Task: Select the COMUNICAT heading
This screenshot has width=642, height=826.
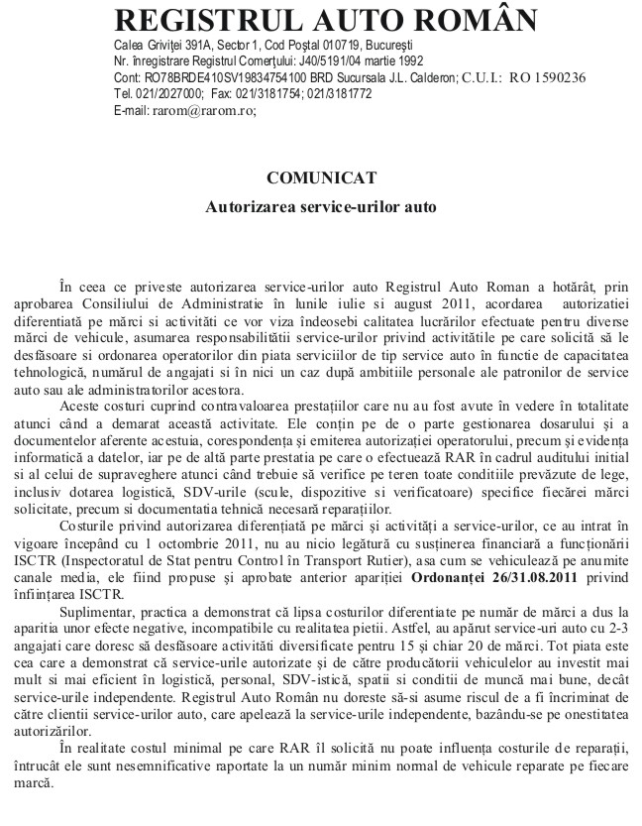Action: point(321,177)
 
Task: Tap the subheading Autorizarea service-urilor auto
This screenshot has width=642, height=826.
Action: point(320,208)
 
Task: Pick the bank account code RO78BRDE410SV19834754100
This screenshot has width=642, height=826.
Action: point(199,77)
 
